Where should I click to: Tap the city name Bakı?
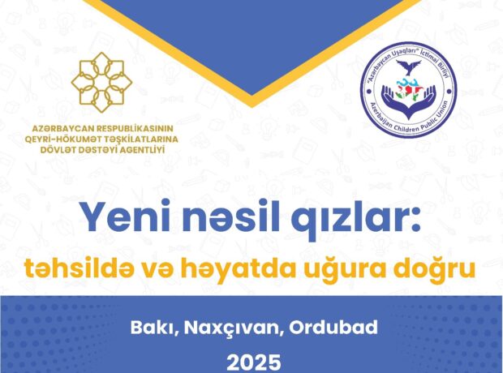pyautogui.click(x=154, y=328)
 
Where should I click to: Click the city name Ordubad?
pyautogui.click(x=333, y=328)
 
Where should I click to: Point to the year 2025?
pyautogui.click(x=254, y=363)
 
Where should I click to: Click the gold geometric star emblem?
pyautogui.click(x=101, y=82)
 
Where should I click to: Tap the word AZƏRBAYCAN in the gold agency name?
pyautogui.click(x=63, y=128)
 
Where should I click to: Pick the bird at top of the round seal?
pyautogui.click(x=408, y=66)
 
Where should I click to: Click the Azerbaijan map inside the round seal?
pyautogui.click(x=407, y=90)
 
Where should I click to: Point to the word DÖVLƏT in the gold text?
pyautogui.click(x=58, y=149)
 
